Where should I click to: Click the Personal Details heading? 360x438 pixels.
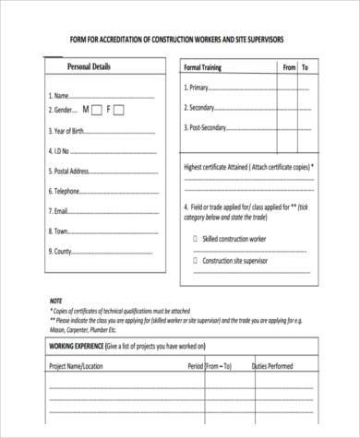click(x=89, y=66)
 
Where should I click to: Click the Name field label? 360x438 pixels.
click(x=57, y=96)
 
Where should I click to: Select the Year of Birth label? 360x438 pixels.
click(x=68, y=130)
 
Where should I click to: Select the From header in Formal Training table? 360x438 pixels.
click(x=289, y=67)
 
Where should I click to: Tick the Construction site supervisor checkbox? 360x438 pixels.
click(x=195, y=261)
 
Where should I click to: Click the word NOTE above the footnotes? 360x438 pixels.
click(x=56, y=301)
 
